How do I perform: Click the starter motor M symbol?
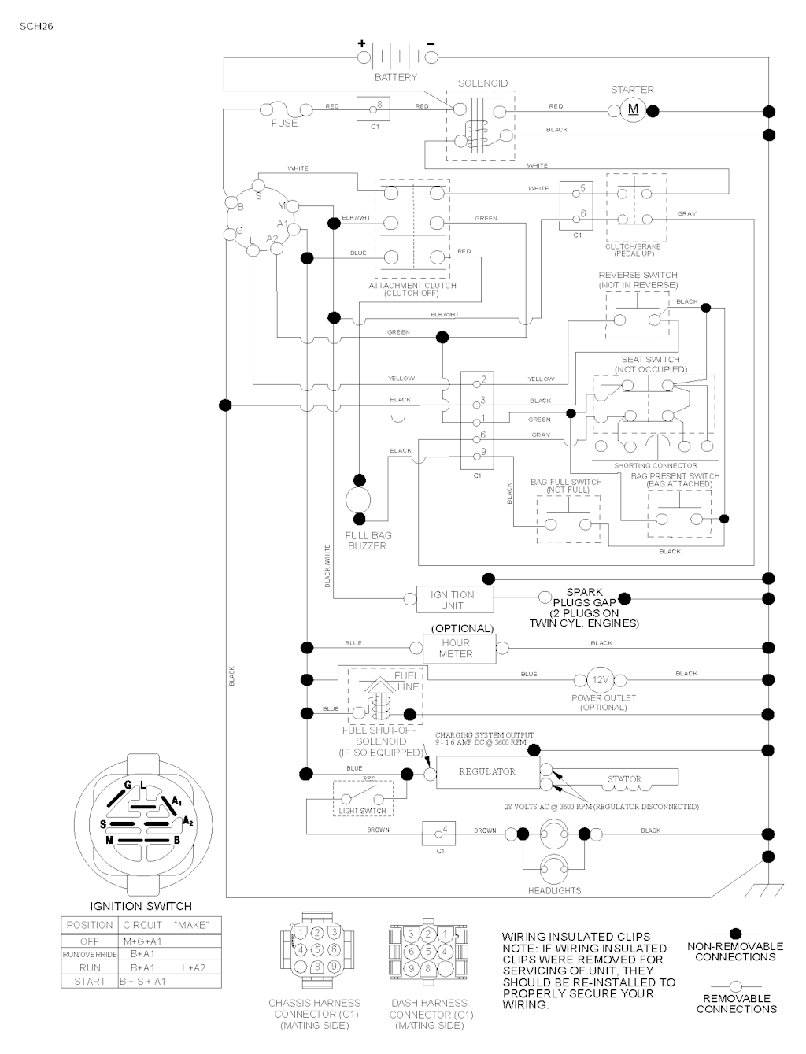633,109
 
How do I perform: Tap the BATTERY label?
396,77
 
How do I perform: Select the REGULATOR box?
487,772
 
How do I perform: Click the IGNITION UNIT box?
453,601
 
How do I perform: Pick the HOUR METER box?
456,649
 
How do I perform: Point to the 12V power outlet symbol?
602,680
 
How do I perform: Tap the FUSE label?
284,123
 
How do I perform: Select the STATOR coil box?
624,778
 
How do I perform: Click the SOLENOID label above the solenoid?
482,83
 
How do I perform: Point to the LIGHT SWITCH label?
362,811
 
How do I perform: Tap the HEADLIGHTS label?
555,890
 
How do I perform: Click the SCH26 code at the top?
35,26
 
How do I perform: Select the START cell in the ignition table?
90,982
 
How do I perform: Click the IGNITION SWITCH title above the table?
141,906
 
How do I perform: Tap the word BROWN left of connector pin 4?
378,830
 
